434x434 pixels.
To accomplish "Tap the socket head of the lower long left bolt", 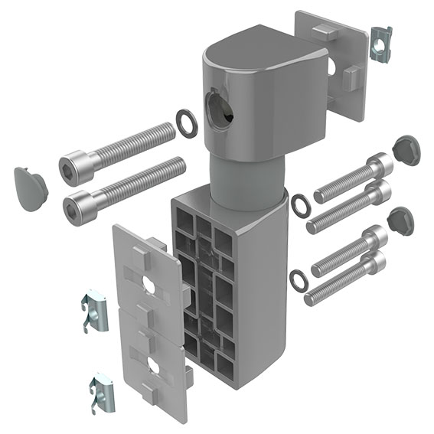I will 81,204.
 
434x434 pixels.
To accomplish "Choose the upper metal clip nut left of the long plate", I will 94,312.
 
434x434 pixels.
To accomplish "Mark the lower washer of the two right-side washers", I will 299,279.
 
